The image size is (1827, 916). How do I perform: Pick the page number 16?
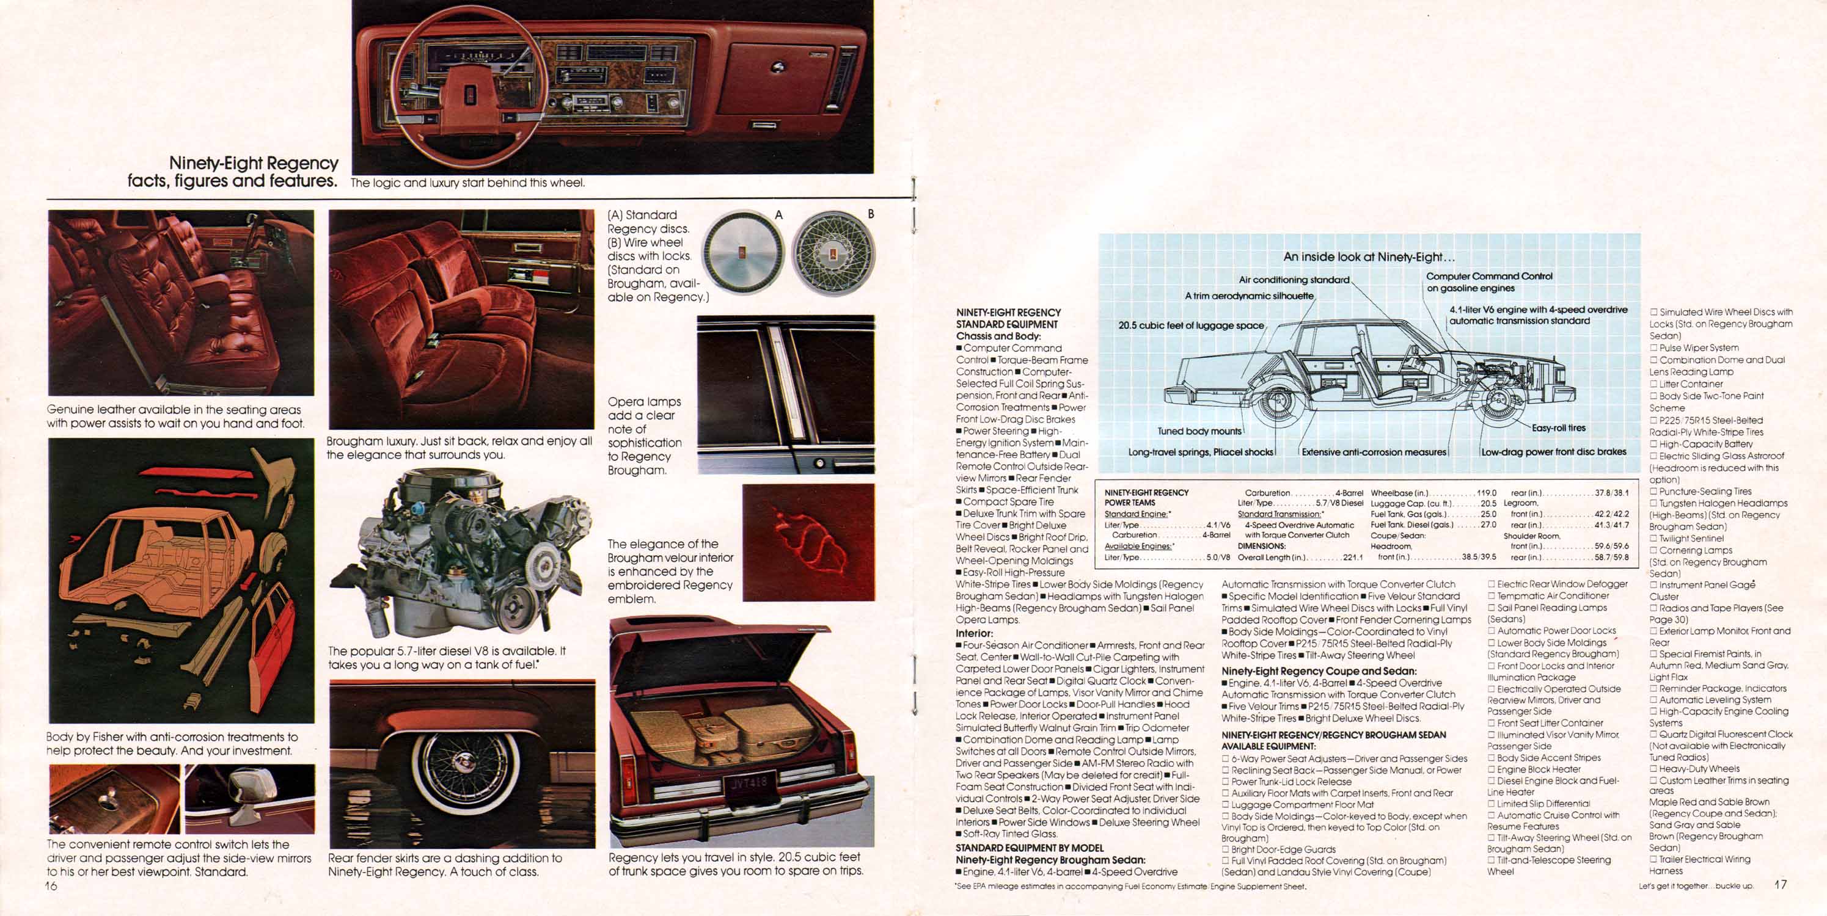coord(51,886)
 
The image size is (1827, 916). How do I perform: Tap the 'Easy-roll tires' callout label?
coord(1558,427)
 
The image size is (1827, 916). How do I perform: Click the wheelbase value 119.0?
coord(1486,493)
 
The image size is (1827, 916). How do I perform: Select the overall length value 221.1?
coord(1352,558)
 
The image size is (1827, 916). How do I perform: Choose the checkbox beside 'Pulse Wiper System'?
coord(1654,348)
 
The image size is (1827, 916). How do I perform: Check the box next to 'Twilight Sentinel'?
coord(1654,539)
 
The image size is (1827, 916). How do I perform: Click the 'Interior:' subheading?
coord(975,633)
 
